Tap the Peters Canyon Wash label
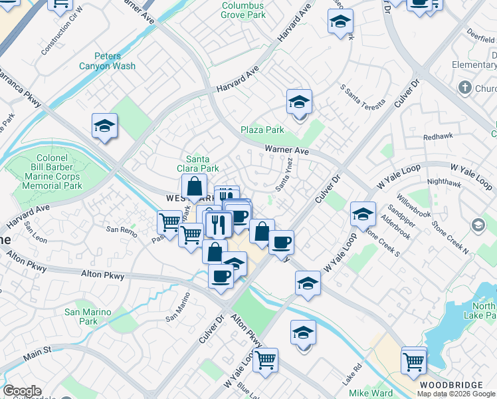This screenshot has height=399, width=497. click(x=107, y=61)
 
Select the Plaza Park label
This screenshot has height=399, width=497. click(x=262, y=130)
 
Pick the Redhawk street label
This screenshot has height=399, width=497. click(x=439, y=136)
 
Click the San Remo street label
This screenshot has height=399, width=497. click(x=122, y=229)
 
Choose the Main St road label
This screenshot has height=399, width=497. click(x=38, y=349)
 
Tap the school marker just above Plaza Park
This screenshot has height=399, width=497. click(x=300, y=103)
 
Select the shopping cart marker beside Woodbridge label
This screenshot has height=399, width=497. click(x=414, y=362)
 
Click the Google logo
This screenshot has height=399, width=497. click(x=22, y=391)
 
